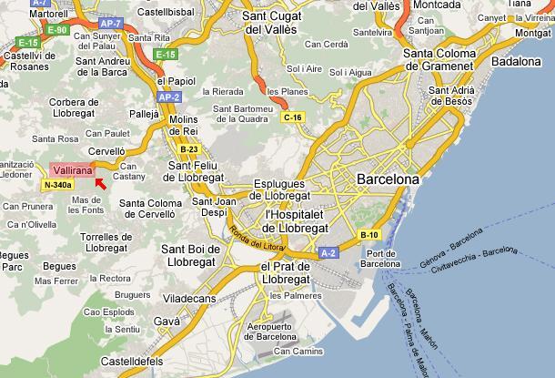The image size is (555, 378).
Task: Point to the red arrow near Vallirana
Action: [x=100, y=184]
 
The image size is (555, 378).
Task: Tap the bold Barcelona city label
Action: [x=388, y=179]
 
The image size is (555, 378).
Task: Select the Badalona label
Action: [x=516, y=61]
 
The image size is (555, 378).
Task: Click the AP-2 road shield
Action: [x=168, y=94]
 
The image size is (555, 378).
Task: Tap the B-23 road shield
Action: [x=189, y=148]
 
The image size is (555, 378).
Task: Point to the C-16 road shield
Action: [x=292, y=117]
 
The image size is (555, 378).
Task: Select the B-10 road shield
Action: [x=368, y=235]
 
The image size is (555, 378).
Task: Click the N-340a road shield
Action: [x=56, y=185]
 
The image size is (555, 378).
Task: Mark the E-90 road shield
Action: [x=59, y=30]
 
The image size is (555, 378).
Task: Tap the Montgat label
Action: [x=532, y=33]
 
